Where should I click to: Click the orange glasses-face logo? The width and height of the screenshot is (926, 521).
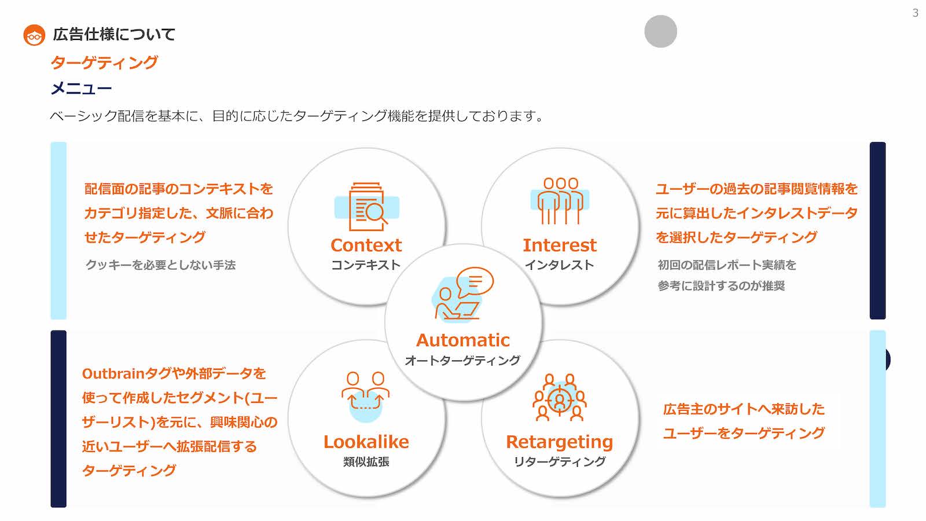click(x=34, y=35)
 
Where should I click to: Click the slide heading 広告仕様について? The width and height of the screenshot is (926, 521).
click(x=114, y=34)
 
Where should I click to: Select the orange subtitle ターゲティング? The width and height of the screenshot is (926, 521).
click(x=104, y=63)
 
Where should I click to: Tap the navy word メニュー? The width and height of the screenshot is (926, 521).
click(x=81, y=88)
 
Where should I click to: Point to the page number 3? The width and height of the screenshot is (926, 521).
click(x=916, y=13)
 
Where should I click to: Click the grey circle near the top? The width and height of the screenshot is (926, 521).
click(x=660, y=31)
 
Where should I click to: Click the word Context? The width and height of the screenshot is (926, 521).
click(x=366, y=245)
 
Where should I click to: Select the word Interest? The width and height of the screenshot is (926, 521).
click(x=560, y=245)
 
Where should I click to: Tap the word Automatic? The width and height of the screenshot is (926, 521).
click(x=463, y=340)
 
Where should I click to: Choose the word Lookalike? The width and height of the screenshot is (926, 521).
click(x=366, y=442)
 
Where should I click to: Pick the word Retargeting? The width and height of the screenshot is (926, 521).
click(x=560, y=442)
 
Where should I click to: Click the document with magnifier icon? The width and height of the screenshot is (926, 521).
click(x=367, y=207)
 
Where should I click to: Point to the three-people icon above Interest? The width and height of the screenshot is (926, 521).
click(x=560, y=201)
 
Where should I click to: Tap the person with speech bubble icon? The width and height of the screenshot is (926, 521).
click(x=462, y=294)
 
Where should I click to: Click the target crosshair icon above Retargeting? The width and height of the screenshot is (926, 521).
click(x=559, y=398)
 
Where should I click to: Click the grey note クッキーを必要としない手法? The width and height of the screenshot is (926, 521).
click(x=160, y=265)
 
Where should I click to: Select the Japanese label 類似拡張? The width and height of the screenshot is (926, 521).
click(x=366, y=462)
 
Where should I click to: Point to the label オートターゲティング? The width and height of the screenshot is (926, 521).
click(x=462, y=361)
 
